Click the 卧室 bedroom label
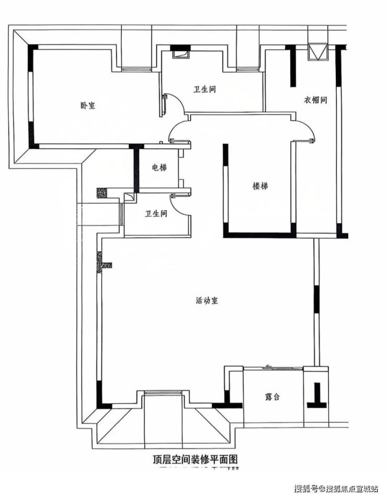coord(87,105)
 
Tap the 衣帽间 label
coord(315,99)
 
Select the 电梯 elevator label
coord(159,168)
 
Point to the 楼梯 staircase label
coord(260,186)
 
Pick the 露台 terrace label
coord(272,397)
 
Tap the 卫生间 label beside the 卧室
coord(205,89)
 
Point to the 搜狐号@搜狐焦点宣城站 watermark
coord(336,489)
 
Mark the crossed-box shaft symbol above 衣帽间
coord(316,52)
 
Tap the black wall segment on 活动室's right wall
coord(316,298)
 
